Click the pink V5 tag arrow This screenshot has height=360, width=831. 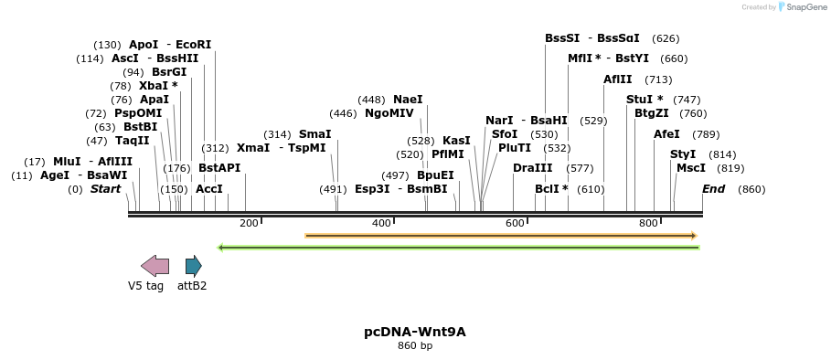click(x=154, y=266)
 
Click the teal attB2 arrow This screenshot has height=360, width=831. click(x=193, y=266)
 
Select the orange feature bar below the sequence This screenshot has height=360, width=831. click(x=500, y=236)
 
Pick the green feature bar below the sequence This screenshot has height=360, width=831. click(x=458, y=247)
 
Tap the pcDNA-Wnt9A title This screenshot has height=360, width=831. click(x=415, y=332)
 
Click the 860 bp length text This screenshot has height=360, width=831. click(x=415, y=345)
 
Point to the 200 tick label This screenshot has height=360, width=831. click(x=249, y=223)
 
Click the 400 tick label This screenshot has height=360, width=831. click(x=381, y=223)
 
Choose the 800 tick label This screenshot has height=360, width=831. click(x=647, y=223)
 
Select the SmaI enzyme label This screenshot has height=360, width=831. click(x=314, y=134)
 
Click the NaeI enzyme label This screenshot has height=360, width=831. click(x=408, y=100)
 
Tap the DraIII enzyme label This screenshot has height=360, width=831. click(x=532, y=168)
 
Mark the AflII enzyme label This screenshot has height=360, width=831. click(x=617, y=79)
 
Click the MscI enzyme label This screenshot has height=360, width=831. click(x=690, y=168)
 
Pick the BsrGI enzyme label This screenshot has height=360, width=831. click(x=169, y=72)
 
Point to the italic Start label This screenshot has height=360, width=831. click(x=105, y=189)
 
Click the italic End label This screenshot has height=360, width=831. click(x=713, y=189)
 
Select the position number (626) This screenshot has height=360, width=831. click(x=666, y=38)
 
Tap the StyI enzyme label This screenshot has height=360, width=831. click(x=683, y=154)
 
